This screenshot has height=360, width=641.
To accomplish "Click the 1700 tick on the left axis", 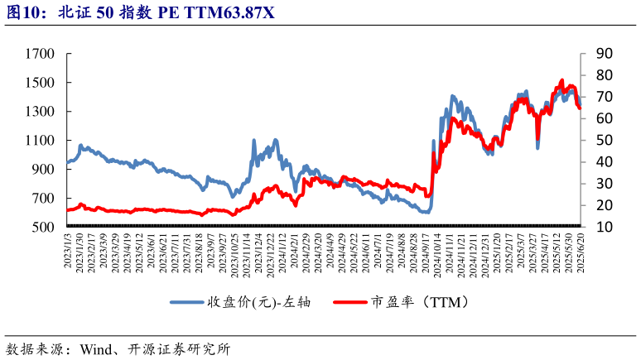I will click(x=40, y=54).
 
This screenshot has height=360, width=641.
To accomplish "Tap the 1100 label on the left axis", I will click(x=40, y=141).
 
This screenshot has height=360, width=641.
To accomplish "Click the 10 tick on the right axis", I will click(x=604, y=227).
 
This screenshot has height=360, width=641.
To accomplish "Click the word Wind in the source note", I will click(x=98, y=348).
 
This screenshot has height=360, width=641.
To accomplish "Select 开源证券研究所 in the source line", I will click(x=178, y=348).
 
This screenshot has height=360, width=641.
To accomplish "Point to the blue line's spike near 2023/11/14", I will click(x=253, y=142).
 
